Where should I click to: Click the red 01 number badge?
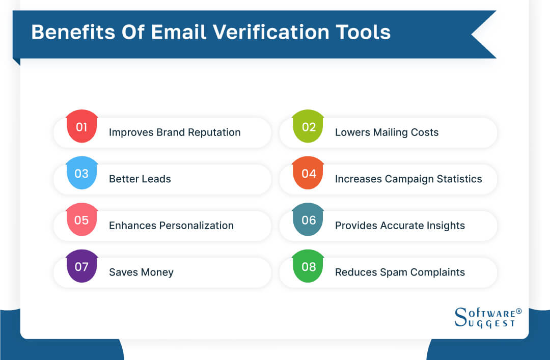(82, 127)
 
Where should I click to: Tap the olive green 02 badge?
(309, 127)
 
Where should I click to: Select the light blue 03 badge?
(82, 174)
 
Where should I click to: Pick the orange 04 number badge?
(309, 174)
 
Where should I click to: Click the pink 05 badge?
(82, 220)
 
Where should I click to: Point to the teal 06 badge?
(309, 220)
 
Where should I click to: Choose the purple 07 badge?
(82, 267)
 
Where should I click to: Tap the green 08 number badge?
(309, 267)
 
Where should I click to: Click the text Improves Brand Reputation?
(175, 132)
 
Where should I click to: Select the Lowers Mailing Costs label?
(387, 132)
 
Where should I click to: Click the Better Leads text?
(140, 179)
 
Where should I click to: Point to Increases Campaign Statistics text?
(408, 179)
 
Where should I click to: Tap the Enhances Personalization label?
(171, 226)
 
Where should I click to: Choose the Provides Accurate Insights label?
(400, 226)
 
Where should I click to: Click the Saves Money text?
(141, 272)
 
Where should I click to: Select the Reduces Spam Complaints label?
(400, 272)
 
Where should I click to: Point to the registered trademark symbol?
(518, 311)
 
